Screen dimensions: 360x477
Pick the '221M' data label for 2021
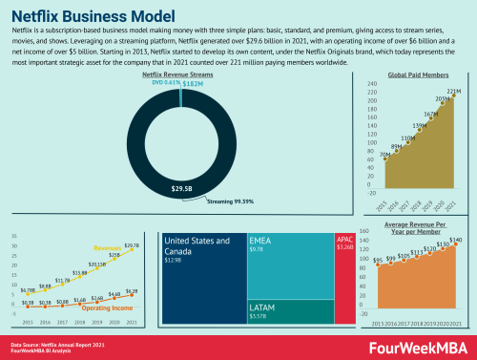coord(453,93)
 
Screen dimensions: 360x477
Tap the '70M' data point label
coord(384,154)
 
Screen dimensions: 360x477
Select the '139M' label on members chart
coord(419,126)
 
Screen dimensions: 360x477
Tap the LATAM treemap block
coord(288,313)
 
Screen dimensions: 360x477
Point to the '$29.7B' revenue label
coord(132,245)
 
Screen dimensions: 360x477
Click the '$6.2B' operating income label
coord(132,290)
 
